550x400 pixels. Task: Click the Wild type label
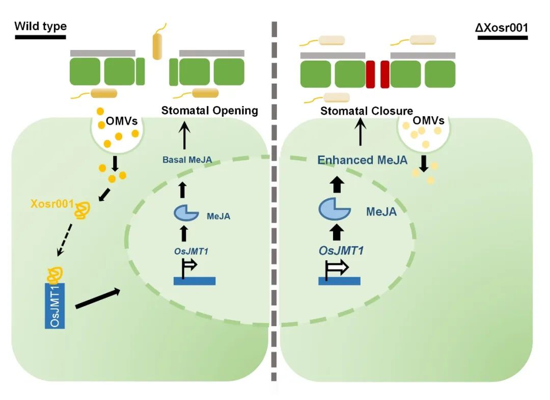pyautogui.click(x=41, y=26)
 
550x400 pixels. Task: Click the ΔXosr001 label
pyautogui.click(x=501, y=26)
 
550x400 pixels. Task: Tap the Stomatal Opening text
pyautogui.click(x=210, y=111)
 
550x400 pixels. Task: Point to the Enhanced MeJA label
pyautogui.click(x=362, y=160)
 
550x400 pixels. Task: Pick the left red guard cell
pyautogui.click(x=370, y=74)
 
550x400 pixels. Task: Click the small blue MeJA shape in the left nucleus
pyautogui.click(x=186, y=213)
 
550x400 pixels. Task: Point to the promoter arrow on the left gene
pyautogui.click(x=188, y=265)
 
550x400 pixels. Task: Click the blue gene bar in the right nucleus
pyautogui.click(x=340, y=281)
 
